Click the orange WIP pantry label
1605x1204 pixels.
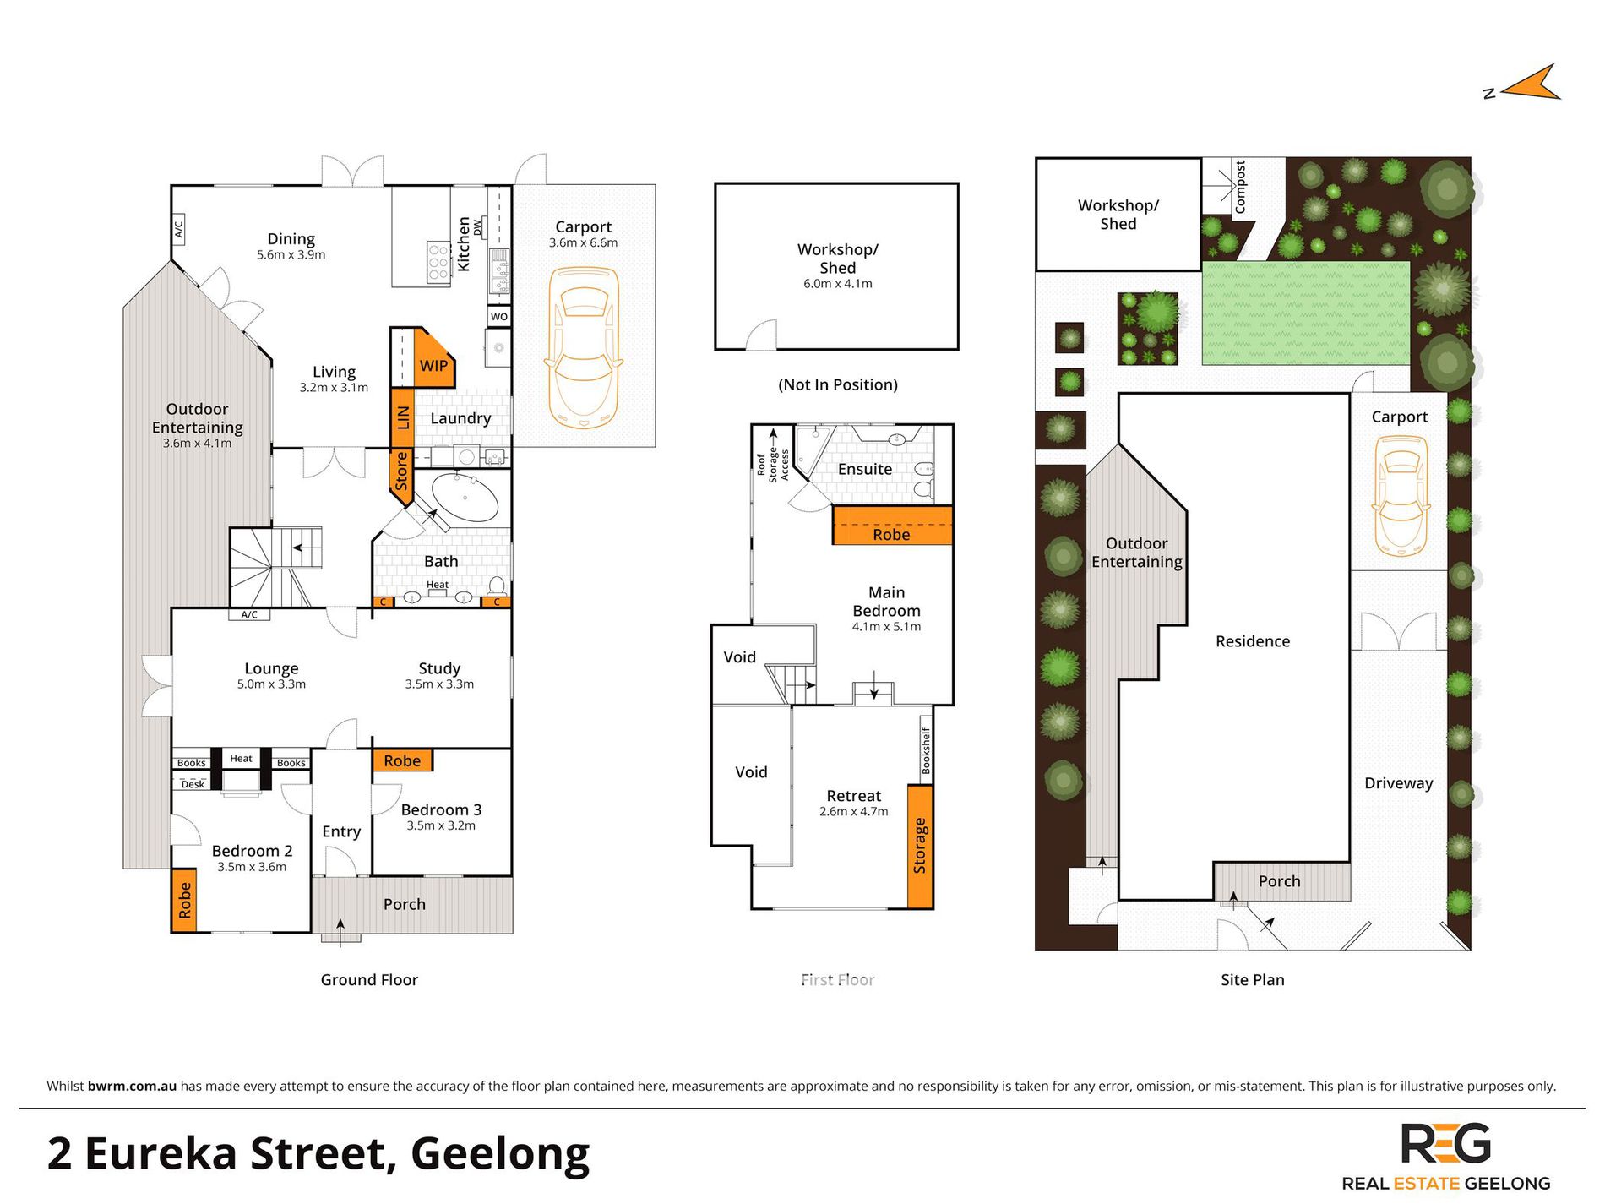pos(433,366)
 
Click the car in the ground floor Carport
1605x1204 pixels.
pos(584,347)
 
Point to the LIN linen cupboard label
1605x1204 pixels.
pos(403,417)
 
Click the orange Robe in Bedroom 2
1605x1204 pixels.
pos(184,901)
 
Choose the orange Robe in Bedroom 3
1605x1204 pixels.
pos(402,760)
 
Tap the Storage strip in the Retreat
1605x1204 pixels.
pos(920,846)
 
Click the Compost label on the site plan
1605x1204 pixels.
pos(1240,187)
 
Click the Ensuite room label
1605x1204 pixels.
pos(865,469)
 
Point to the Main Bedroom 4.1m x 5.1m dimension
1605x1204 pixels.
pos(886,627)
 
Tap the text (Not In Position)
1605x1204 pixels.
pos(838,384)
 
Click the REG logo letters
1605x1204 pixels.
pos(1446,1144)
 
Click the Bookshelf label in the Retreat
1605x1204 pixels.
pos(926,751)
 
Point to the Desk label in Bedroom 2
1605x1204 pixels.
pos(193,784)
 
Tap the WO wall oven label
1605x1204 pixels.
pos(499,317)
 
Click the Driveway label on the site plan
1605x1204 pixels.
pos(1399,783)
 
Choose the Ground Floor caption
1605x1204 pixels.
pos(369,980)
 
